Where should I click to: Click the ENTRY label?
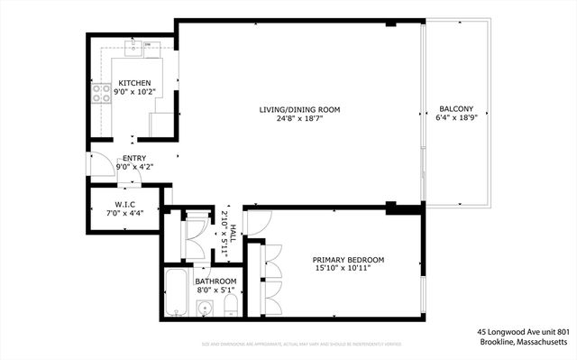(x=134, y=159)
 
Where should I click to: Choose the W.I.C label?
(x=125, y=203)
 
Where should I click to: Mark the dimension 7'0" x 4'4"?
(x=125, y=213)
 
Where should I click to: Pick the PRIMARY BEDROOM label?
(x=348, y=260)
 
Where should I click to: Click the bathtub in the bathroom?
(x=177, y=293)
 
